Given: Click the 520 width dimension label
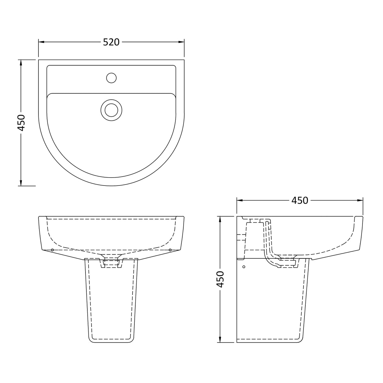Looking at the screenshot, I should coord(111,42).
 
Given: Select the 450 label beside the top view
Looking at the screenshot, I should coord(21,122).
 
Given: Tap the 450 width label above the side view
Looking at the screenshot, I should coord(299,200).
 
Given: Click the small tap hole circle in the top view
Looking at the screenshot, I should coord(111,78).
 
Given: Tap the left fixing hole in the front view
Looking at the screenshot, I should coord(52,250).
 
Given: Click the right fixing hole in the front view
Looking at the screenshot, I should coord(170,250).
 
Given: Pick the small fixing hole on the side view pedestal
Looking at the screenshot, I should coord(244,267).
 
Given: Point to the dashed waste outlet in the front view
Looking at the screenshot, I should coord(111,262).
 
